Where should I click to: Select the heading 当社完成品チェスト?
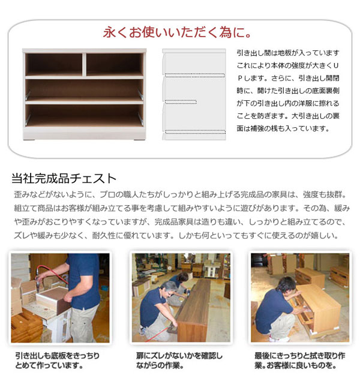click(64, 178)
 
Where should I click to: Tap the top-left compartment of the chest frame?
click(53, 64)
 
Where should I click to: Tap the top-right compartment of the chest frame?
click(113, 64)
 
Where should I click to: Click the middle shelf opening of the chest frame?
click(84, 90)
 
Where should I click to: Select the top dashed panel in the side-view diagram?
click(194, 76)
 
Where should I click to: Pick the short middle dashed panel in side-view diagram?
click(176, 100)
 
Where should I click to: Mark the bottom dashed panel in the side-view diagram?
click(194, 131)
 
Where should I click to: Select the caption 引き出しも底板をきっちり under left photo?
click(58, 355)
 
